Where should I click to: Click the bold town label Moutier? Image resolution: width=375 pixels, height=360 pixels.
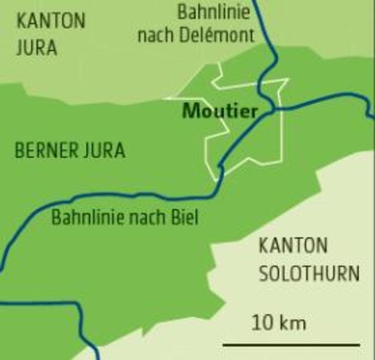point(220,111)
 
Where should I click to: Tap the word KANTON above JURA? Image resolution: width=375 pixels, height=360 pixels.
point(50,21)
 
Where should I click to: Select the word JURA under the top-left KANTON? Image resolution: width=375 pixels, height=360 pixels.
point(36,47)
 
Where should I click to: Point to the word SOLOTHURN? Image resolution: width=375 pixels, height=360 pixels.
point(309,273)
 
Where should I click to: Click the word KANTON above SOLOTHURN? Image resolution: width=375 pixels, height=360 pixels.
point(293,245)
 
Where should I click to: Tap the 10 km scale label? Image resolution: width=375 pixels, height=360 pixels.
point(279,321)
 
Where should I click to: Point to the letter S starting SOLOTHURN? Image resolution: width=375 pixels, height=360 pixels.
point(264,273)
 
